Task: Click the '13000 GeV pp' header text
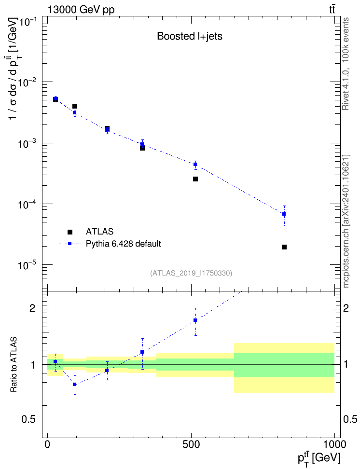click(81, 10)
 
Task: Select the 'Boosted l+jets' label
click(190, 36)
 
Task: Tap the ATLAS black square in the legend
click(70, 232)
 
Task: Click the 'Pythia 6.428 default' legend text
click(123, 244)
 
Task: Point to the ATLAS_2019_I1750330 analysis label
click(191, 273)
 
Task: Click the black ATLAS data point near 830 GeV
click(284, 247)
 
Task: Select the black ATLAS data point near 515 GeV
click(195, 179)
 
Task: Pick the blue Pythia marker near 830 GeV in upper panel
click(284, 214)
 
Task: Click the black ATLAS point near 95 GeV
click(75, 106)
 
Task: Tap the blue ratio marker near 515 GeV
click(195, 320)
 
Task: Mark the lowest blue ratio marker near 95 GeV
click(75, 385)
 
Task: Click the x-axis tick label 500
click(191, 444)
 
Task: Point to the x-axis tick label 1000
click(334, 444)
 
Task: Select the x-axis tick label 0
click(47, 444)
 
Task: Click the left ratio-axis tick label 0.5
click(28, 420)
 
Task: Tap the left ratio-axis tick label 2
click(32, 308)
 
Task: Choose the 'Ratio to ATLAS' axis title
click(14, 365)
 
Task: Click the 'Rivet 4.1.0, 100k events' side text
click(346, 64)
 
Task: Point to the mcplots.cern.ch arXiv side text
click(346, 221)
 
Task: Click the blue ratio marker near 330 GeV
click(142, 352)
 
